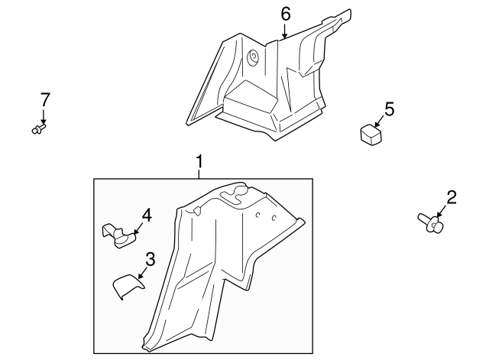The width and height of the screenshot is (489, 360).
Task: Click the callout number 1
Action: coord(199,161)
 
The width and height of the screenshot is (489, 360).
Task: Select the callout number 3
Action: coord(151,259)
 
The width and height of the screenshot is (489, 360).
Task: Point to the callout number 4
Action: coord(147,216)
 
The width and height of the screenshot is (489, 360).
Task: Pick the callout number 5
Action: coord(389,109)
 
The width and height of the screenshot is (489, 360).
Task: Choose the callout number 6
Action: coord(286,14)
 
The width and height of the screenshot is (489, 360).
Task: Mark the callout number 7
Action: coord(44,99)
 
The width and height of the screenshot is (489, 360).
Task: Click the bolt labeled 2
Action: coord(431,223)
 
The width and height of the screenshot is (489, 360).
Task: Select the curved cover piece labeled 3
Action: coord(128,287)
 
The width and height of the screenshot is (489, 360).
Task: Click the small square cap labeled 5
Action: coord(371,135)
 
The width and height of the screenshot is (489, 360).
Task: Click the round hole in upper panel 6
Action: coord(252,55)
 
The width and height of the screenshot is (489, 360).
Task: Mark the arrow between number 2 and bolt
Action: coord(442,213)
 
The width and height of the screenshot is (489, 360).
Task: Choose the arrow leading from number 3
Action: coord(143,271)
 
